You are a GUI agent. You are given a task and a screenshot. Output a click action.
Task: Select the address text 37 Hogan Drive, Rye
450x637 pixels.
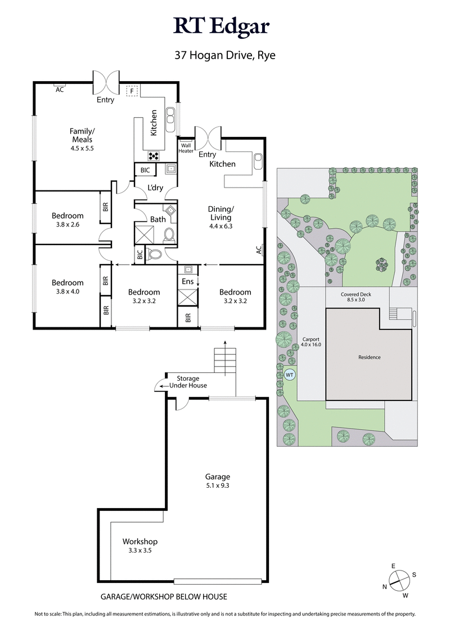tap(224, 56)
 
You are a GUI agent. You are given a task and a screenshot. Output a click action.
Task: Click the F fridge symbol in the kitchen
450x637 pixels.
tap(132, 91)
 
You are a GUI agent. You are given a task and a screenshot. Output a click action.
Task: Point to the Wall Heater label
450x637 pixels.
tap(186, 148)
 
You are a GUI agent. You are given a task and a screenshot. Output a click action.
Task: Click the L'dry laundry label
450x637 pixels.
tap(155, 188)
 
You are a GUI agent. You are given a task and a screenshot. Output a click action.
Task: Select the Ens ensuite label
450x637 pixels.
tap(187, 281)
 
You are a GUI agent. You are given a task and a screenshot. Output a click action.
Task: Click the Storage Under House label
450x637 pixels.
tap(188, 382)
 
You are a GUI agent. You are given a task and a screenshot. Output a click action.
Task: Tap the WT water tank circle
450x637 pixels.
tap(290, 374)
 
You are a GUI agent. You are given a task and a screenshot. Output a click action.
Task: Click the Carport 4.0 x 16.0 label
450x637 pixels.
tap(311, 341)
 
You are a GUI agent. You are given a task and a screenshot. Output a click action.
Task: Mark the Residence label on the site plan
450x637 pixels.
tap(370, 357)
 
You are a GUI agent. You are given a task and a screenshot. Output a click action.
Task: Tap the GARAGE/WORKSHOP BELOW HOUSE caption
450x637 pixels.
tap(164, 596)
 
